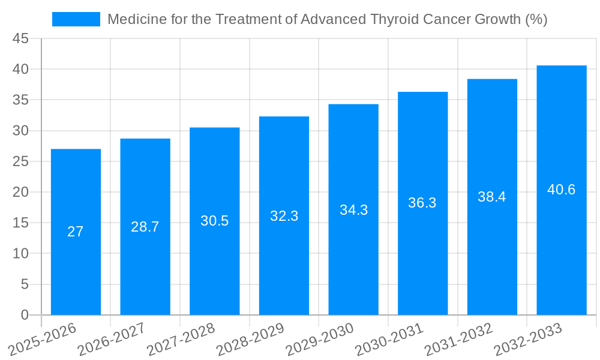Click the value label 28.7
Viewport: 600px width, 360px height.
tap(145, 227)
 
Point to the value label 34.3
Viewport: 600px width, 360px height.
tap(353, 210)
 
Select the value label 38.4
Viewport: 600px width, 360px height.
tap(492, 197)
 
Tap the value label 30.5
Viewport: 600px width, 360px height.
tap(215, 221)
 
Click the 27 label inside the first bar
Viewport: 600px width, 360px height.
tap(76, 232)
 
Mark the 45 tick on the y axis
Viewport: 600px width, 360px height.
tap(21, 39)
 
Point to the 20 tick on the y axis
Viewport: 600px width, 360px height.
tap(21, 192)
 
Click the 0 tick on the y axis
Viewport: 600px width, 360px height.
tap(25, 314)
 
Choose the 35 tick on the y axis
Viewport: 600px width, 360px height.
tap(21, 100)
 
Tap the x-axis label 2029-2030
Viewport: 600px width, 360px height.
tap(320, 340)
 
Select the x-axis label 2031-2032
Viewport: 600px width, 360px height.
tap(459, 340)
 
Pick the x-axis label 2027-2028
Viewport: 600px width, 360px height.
tap(181, 340)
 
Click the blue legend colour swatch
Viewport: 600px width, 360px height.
tap(76, 19)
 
